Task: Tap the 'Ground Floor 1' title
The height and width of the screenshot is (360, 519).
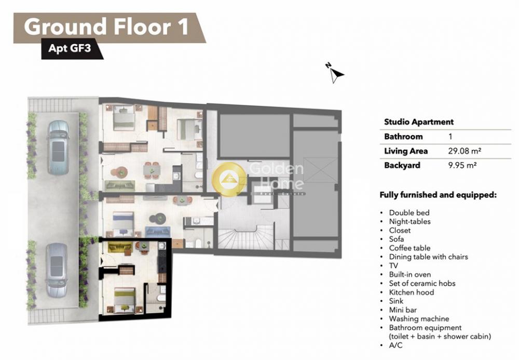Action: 106,27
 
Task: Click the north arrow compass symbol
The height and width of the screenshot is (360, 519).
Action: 335,73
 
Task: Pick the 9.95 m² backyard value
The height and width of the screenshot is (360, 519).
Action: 462,165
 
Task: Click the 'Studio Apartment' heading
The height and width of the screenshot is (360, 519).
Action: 419,122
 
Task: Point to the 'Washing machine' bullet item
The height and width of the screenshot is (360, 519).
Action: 419,318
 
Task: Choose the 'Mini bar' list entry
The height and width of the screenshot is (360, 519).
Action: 403,310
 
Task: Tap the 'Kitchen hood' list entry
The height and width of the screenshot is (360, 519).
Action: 412,292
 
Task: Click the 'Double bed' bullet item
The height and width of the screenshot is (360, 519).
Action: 409,212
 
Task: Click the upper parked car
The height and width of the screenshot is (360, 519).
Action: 58,148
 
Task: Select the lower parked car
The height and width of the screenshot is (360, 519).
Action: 57,270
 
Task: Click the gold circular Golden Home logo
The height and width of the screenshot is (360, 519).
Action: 229,179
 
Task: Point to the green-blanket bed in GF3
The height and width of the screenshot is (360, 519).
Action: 125,300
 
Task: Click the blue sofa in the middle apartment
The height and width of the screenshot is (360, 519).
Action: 158,231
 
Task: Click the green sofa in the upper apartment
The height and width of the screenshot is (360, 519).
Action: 119,185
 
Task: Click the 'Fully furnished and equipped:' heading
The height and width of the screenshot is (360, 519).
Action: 438,195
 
